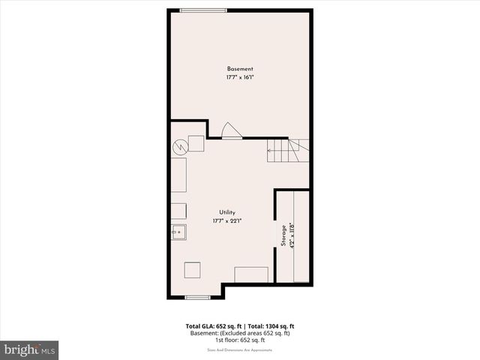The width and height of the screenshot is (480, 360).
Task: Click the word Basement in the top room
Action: [240, 69]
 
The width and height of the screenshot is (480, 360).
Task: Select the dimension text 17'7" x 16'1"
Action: [240, 77]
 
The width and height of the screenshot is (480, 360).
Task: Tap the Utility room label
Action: [228, 213]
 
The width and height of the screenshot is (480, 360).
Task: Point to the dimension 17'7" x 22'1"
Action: [228, 221]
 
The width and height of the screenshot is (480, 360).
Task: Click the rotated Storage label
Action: [283, 236]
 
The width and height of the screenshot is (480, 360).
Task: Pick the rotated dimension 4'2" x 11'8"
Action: [291, 236]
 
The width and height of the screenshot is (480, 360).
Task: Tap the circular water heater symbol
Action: [179, 147]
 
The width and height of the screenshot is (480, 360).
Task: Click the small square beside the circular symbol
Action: [196, 143]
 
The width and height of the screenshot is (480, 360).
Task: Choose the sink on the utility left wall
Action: [178, 232]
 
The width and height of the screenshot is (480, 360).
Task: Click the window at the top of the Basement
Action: [202, 10]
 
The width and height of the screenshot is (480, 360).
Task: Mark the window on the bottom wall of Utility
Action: [197, 297]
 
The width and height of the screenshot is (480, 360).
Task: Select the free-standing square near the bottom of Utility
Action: [193, 270]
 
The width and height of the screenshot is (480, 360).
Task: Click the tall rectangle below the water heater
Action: [179, 175]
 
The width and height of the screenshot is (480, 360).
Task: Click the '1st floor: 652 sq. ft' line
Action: [240, 340]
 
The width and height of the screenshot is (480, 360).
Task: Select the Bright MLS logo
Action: [29, 349]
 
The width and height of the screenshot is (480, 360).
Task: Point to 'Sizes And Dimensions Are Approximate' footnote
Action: [240, 349]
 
